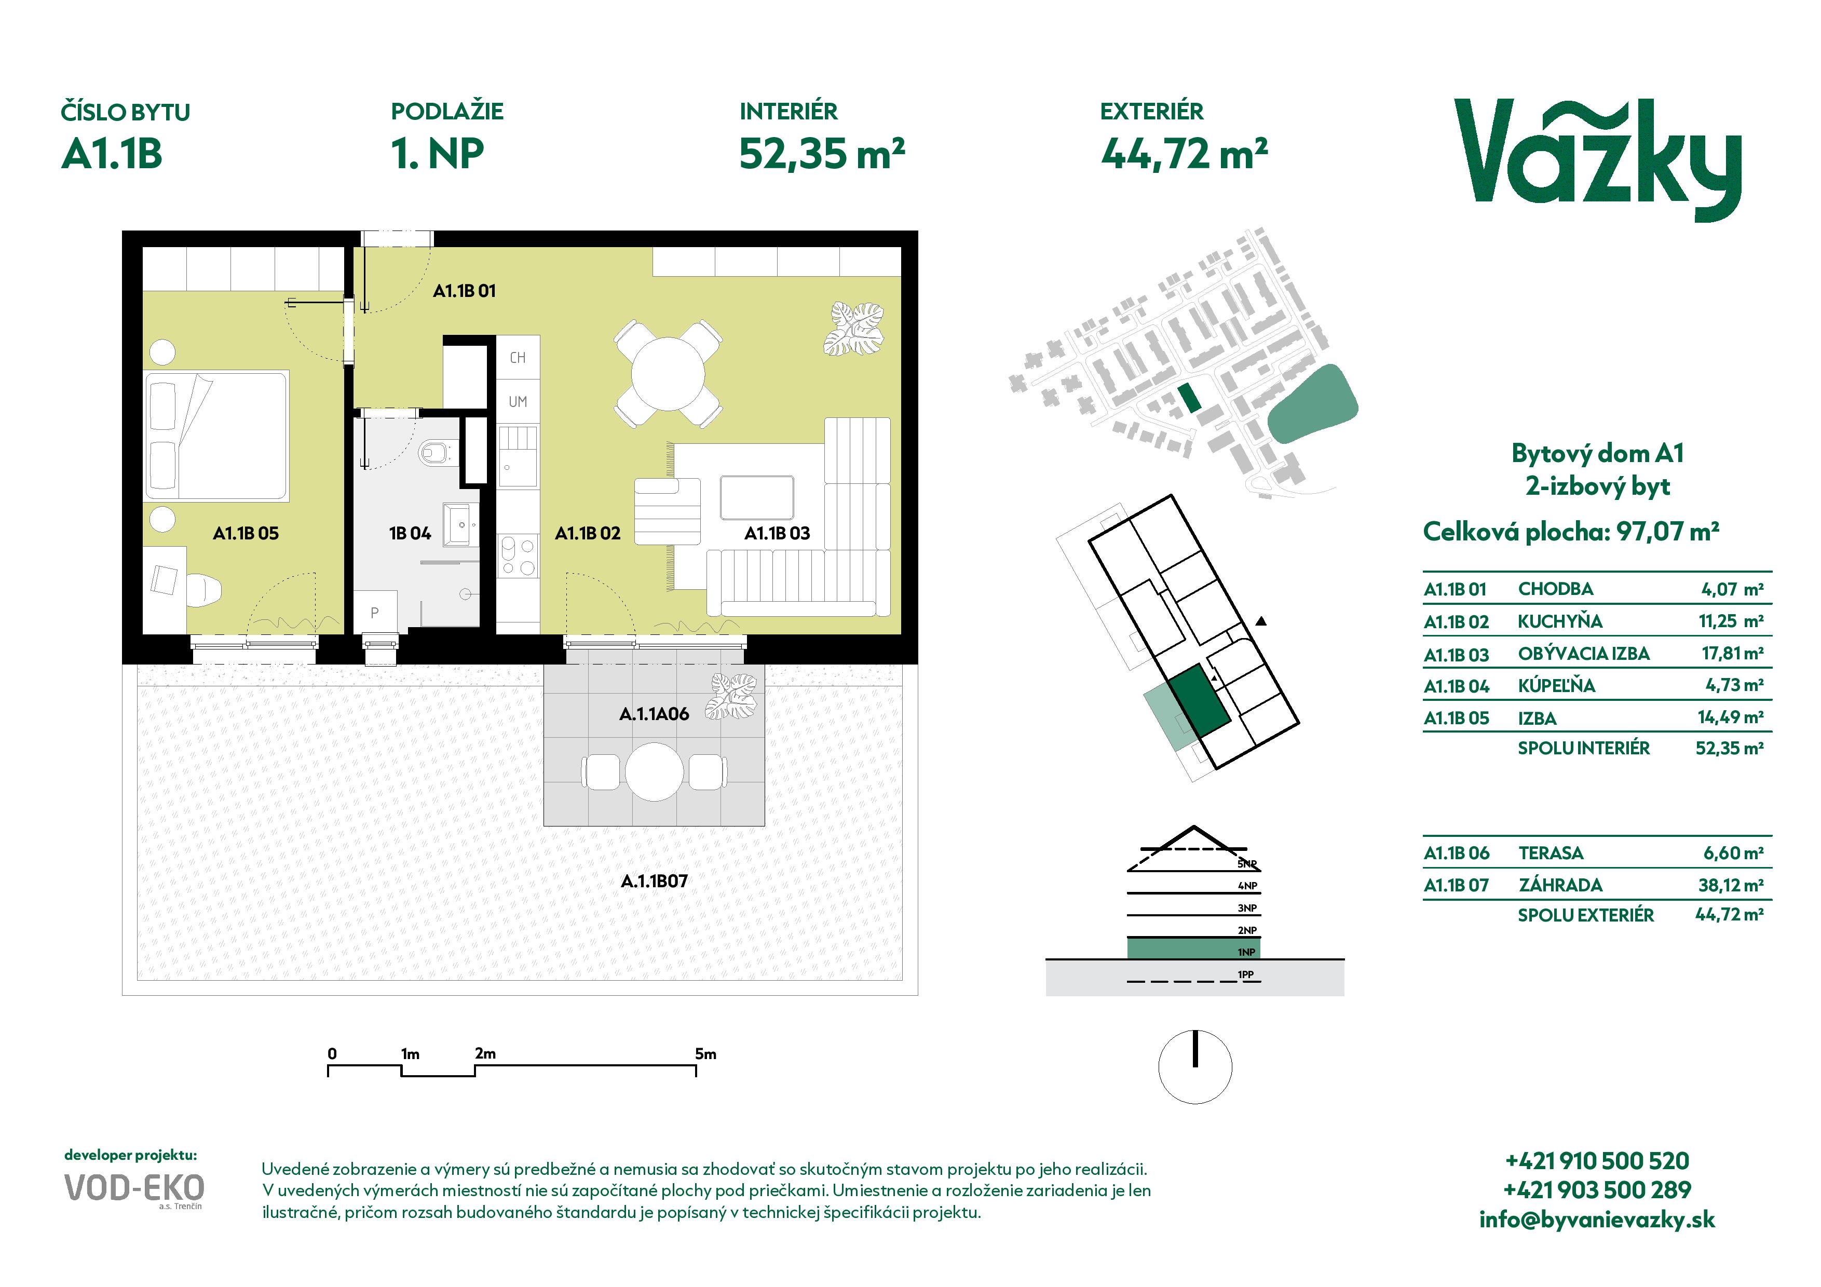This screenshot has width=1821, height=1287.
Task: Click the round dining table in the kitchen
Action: pyautogui.click(x=668, y=373)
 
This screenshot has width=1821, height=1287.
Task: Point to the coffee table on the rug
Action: pyautogui.click(x=757, y=497)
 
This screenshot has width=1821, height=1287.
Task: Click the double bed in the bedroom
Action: pyautogui.click(x=216, y=436)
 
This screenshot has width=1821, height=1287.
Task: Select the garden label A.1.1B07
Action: pyautogui.click(x=654, y=881)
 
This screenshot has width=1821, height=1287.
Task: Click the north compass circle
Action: pyautogui.click(x=1195, y=1066)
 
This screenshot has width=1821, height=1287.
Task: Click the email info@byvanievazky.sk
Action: pyautogui.click(x=1597, y=1220)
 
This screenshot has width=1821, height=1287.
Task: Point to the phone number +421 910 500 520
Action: pyautogui.click(x=1597, y=1161)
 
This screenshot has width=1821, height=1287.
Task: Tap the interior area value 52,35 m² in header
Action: pyautogui.click(x=822, y=153)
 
